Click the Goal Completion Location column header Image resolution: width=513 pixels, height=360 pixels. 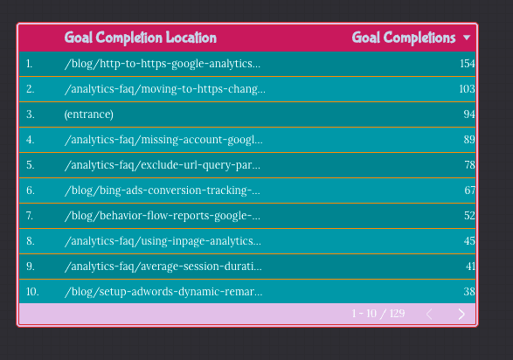tap(140, 38)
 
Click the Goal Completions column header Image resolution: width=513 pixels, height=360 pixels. tap(404, 38)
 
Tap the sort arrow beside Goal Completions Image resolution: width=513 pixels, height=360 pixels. tap(467, 38)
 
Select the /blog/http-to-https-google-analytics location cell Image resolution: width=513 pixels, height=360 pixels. tap(163, 64)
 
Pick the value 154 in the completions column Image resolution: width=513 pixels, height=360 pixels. tap(467, 64)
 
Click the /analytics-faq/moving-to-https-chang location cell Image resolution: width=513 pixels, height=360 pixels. tap(164, 89)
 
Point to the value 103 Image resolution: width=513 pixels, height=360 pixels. tap(467, 89)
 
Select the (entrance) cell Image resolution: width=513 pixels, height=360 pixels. tap(88, 114)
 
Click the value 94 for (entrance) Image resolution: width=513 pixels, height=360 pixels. tap(469, 114)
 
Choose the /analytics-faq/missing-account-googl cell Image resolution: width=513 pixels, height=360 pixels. tap(163, 140)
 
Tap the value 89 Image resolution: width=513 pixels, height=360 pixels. tap(469, 140)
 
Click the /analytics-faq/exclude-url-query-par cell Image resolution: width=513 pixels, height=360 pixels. tap(162, 165)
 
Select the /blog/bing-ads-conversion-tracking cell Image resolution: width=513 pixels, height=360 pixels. tap(162, 190)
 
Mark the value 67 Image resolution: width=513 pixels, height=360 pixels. tap(469, 190)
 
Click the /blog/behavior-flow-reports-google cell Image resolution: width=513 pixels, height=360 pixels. tap(162, 216)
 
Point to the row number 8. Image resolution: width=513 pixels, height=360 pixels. tap(30, 241)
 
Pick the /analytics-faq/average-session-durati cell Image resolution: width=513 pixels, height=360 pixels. tap(163, 267)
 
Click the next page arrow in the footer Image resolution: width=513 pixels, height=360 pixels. tap(461, 315)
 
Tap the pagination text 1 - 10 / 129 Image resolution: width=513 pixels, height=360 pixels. tap(378, 315)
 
